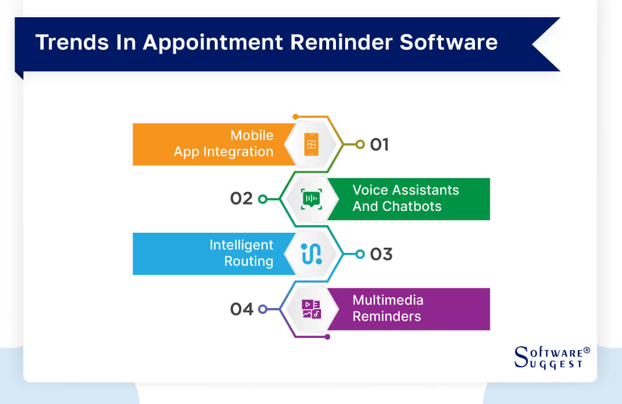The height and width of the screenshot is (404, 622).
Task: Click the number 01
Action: [x=379, y=144]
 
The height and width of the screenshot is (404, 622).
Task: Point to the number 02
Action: [x=241, y=199]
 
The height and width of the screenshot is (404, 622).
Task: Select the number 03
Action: [x=381, y=254]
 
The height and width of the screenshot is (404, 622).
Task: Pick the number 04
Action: [x=242, y=309]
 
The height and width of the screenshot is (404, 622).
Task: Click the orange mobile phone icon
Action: [x=311, y=144]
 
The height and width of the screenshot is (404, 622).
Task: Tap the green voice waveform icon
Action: [x=311, y=199]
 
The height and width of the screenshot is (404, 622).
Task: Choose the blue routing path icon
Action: [x=311, y=254]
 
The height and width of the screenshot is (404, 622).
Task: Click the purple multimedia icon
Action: [x=311, y=309]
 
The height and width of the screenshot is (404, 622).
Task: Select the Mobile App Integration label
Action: [x=223, y=144]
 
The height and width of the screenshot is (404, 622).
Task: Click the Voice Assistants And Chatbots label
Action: [x=405, y=198]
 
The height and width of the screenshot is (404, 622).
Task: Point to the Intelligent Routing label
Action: [x=241, y=253]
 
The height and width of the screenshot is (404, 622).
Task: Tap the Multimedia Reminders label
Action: [x=388, y=308]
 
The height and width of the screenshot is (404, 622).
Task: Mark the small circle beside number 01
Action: [x=360, y=144]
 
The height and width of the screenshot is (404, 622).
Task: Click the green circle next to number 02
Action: [x=262, y=199]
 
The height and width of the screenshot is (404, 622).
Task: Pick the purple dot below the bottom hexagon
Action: [x=327, y=337]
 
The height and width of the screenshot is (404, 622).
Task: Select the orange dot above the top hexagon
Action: [x=295, y=117]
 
